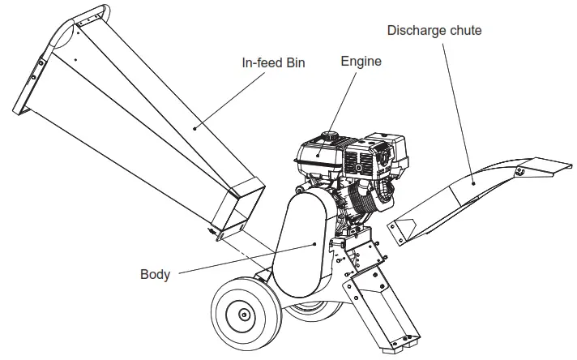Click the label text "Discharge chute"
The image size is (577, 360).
tap(434, 31)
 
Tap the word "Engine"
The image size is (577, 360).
tap(361, 61)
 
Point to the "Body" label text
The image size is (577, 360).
tap(155, 274)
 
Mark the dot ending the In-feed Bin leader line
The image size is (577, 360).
tap(194, 127)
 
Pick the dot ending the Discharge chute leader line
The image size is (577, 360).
tap(474, 182)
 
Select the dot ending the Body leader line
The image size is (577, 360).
tap(314, 242)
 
